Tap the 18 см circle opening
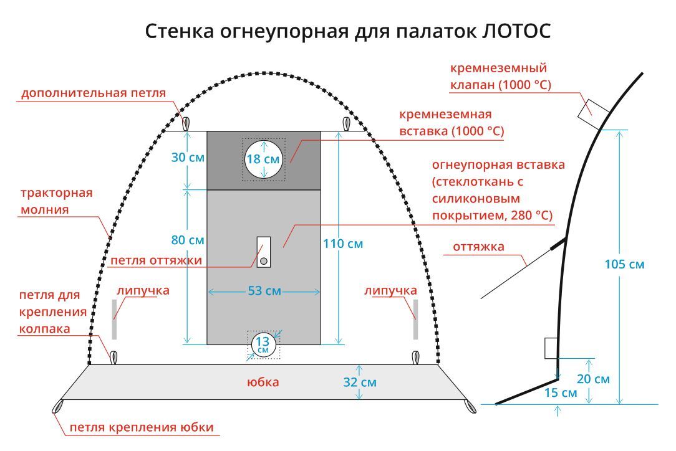pyautogui.click(x=263, y=159)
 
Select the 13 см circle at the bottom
pyautogui.click(x=263, y=344)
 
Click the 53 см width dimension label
pyautogui.click(x=264, y=291)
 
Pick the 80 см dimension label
pyautogui.click(x=188, y=240)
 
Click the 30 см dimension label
pyautogui.click(x=188, y=158)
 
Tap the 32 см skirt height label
pyautogui.click(x=360, y=382)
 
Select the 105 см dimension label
pyautogui.click(x=624, y=264)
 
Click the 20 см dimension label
pyautogui.click(x=593, y=379)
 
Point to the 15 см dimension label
pyautogui.click(x=561, y=392)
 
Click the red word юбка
pyautogui.click(x=263, y=382)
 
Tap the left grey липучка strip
pyautogui.click(x=114, y=319)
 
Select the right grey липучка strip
pyautogui.click(x=415, y=319)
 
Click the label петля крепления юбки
pyautogui.click(x=142, y=427)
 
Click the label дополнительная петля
pyautogui.click(x=94, y=93)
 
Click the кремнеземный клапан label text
pyautogui.click(x=500, y=76)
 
